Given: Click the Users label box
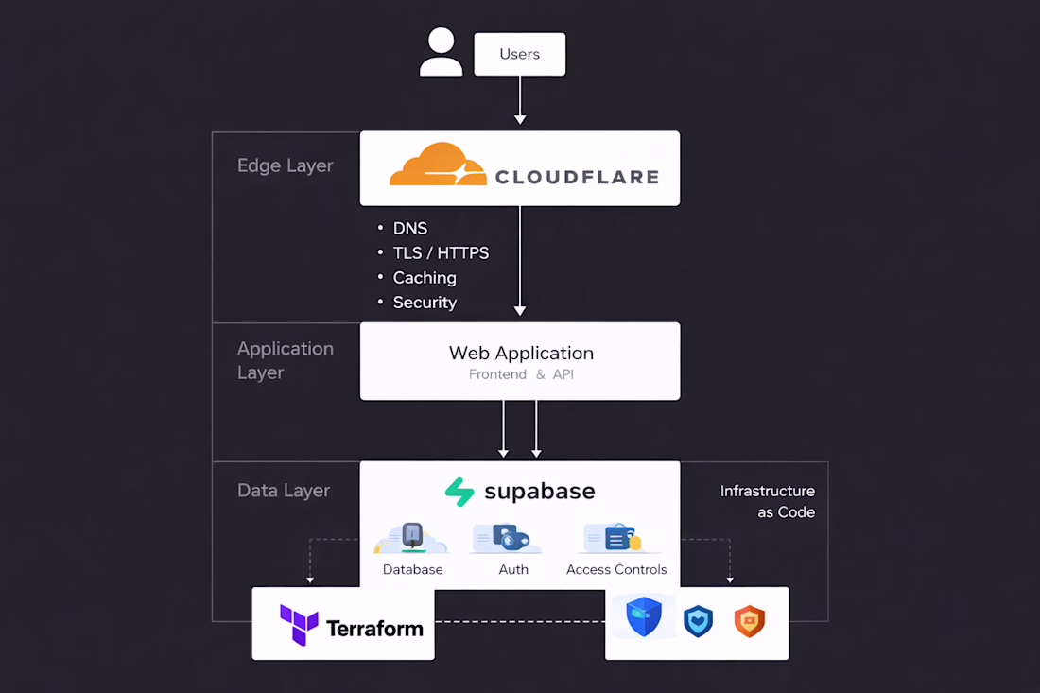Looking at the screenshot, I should point(519,55).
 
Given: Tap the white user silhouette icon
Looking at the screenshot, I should point(441,52).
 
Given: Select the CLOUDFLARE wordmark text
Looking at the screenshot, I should point(577,176).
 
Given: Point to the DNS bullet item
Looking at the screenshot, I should point(409,229).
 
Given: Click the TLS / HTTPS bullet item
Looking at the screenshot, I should point(440,253).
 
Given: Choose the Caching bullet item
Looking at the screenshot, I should point(424,278).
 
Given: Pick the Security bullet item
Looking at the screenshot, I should point(424,303).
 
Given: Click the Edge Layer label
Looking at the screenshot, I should point(285,165).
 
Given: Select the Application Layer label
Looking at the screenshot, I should point(285,360).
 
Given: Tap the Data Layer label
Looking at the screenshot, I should point(284,491).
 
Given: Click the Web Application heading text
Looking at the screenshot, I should point(521,353).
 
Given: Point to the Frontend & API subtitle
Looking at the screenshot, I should point(521,374).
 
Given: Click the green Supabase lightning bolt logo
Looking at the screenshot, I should point(459,493).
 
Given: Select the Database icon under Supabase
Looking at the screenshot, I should point(412,539).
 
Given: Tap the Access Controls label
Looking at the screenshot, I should point(616,570).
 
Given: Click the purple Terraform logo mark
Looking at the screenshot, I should point(299,625).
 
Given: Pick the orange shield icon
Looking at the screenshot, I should point(749,621).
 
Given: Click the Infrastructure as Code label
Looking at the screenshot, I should point(767,501).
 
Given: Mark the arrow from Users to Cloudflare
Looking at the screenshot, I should point(520,99).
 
